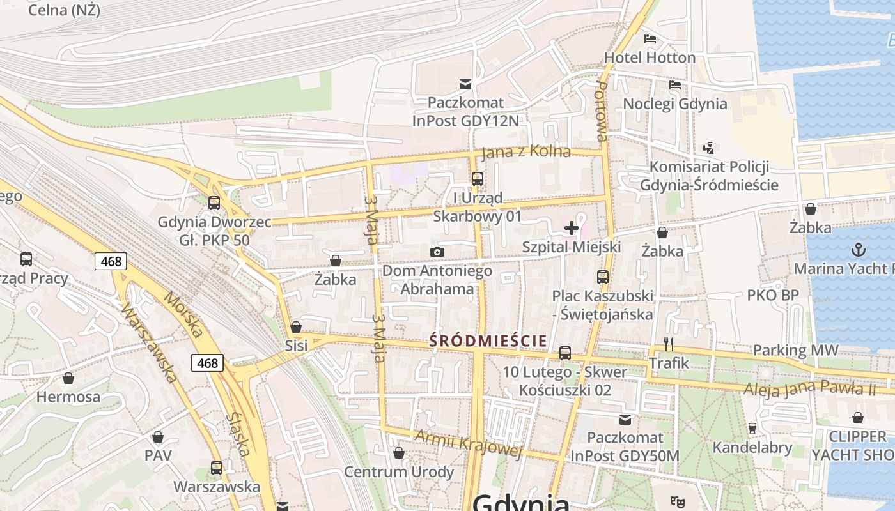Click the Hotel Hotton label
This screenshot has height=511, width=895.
click(650, 57)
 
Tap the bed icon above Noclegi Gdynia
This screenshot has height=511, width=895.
click(675, 84)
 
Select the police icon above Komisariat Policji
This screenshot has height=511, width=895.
click(708, 148)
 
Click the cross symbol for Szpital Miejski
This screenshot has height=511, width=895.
click(572, 228)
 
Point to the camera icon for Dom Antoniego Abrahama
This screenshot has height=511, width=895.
click(437, 252)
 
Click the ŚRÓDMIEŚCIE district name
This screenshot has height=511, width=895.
click(488, 340)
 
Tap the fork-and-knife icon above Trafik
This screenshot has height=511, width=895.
click(669, 344)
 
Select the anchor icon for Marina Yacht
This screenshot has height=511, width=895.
click(858, 250)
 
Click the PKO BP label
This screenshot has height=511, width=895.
click(773, 295)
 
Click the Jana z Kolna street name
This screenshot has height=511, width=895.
click(525, 152)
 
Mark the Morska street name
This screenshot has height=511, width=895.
click(183, 314)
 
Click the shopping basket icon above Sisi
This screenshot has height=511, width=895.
click(296, 327)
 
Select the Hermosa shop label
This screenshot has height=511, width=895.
click(68, 397)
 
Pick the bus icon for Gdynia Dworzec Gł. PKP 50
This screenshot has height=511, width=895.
click(214, 203)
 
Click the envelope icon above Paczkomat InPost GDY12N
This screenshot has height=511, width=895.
click(465, 84)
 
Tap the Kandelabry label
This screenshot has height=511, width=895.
click(752, 448)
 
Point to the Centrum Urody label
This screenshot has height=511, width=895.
click(399, 472)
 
